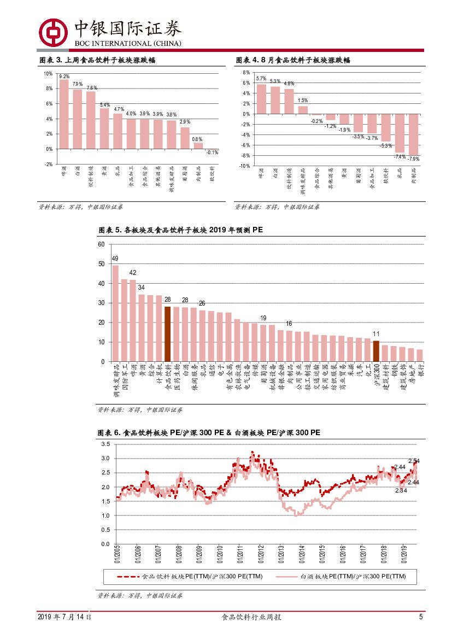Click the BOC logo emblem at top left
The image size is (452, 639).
pyautogui.click(x=53, y=32)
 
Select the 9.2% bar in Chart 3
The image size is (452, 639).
pyautogui.click(x=64, y=114)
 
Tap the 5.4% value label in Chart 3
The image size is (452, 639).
pyautogui.click(x=105, y=104)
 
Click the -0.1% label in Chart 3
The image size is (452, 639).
pyautogui.click(x=212, y=153)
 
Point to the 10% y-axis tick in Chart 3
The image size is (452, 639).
pyautogui.click(x=48, y=73)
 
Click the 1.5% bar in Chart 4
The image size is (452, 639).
pyautogui.click(x=303, y=110)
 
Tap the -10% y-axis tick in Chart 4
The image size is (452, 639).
pyautogui.click(x=244, y=166)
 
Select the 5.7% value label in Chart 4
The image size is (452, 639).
pyautogui.click(x=261, y=79)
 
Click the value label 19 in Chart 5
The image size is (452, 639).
pyautogui.click(x=263, y=318)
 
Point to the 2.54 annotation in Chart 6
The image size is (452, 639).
pyautogui.click(x=414, y=461)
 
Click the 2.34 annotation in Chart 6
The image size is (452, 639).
pyautogui.click(x=401, y=490)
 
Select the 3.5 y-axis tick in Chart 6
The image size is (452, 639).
pyautogui.click(x=105, y=444)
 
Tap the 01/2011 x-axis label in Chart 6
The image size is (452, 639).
pyautogui.click(x=240, y=555)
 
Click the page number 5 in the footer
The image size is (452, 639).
pyautogui.click(x=421, y=617)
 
